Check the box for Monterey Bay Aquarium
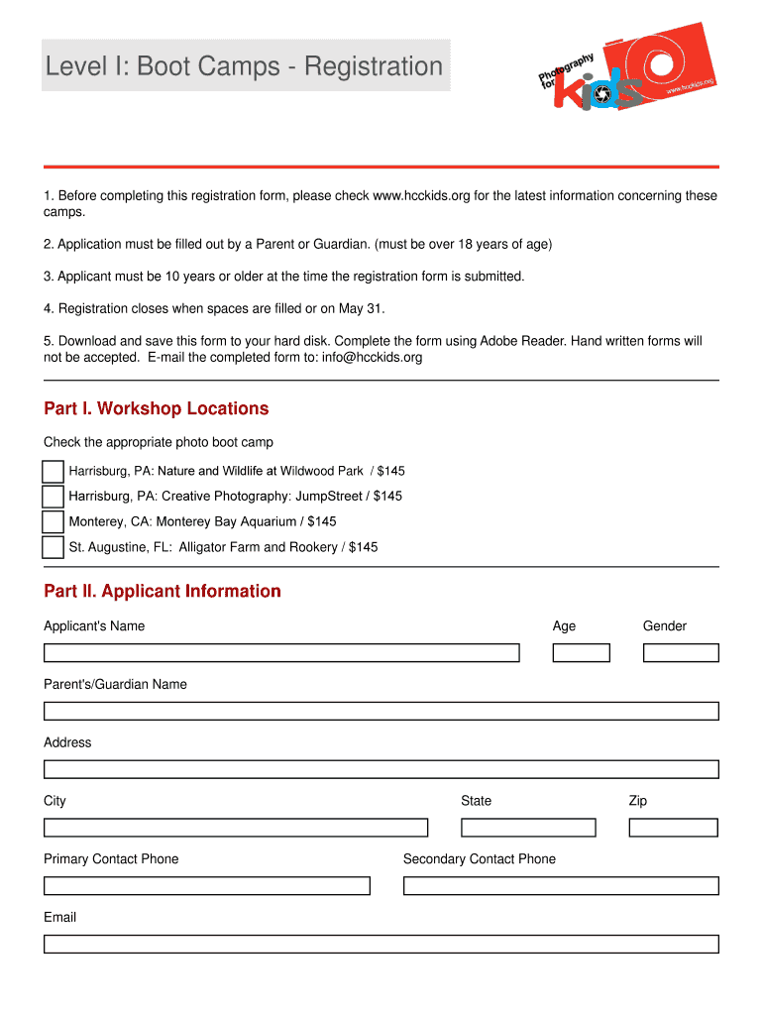(x=54, y=522)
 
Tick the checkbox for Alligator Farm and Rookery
(x=54, y=548)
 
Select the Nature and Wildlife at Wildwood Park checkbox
(x=54, y=472)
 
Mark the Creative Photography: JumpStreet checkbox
(x=54, y=497)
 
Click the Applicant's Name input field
(x=281, y=653)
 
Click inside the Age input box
(x=581, y=653)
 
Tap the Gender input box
(x=681, y=653)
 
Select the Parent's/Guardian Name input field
(x=381, y=712)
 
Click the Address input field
(x=381, y=770)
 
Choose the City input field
(x=236, y=828)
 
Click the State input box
(x=528, y=828)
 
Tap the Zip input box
(x=674, y=828)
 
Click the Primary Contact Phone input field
(x=207, y=886)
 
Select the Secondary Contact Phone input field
(x=561, y=886)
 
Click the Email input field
(x=381, y=945)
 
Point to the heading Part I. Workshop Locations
(x=157, y=409)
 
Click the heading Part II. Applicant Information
(x=163, y=592)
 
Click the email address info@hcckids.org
(x=372, y=358)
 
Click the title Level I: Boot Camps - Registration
(x=245, y=66)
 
